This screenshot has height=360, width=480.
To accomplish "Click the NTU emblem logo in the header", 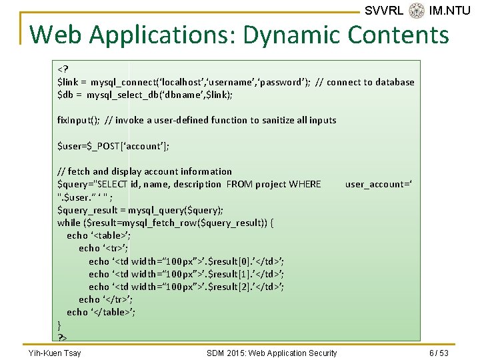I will pyautogui.click(x=417, y=11).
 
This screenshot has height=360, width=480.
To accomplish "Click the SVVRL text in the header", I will pyautogui.click(x=384, y=11).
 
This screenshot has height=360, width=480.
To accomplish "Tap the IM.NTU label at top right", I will pyautogui.click(x=450, y=11).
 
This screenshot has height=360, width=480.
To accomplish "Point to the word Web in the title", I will pyautogui.click(x=55, y=34).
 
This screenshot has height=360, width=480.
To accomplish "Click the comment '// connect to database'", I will pyautogui.click(x=365, y=82).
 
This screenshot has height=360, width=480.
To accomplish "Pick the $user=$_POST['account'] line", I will pyautogui.click(x=113, y=146).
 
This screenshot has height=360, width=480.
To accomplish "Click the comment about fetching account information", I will pyautogui.click(x=145, y=171).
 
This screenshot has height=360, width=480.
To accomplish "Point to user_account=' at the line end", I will pyautogui.click(x=378, y=184).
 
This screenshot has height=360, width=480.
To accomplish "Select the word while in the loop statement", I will pyautogui.click(x=69, y=223).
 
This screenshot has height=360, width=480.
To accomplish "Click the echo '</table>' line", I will pyautogui.click(x=101, y=312).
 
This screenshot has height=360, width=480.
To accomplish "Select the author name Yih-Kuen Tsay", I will pyautogui.click(x=54, y=353).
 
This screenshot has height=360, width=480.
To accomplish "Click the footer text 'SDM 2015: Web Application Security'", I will pyautogui.click(x=271, y=353).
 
